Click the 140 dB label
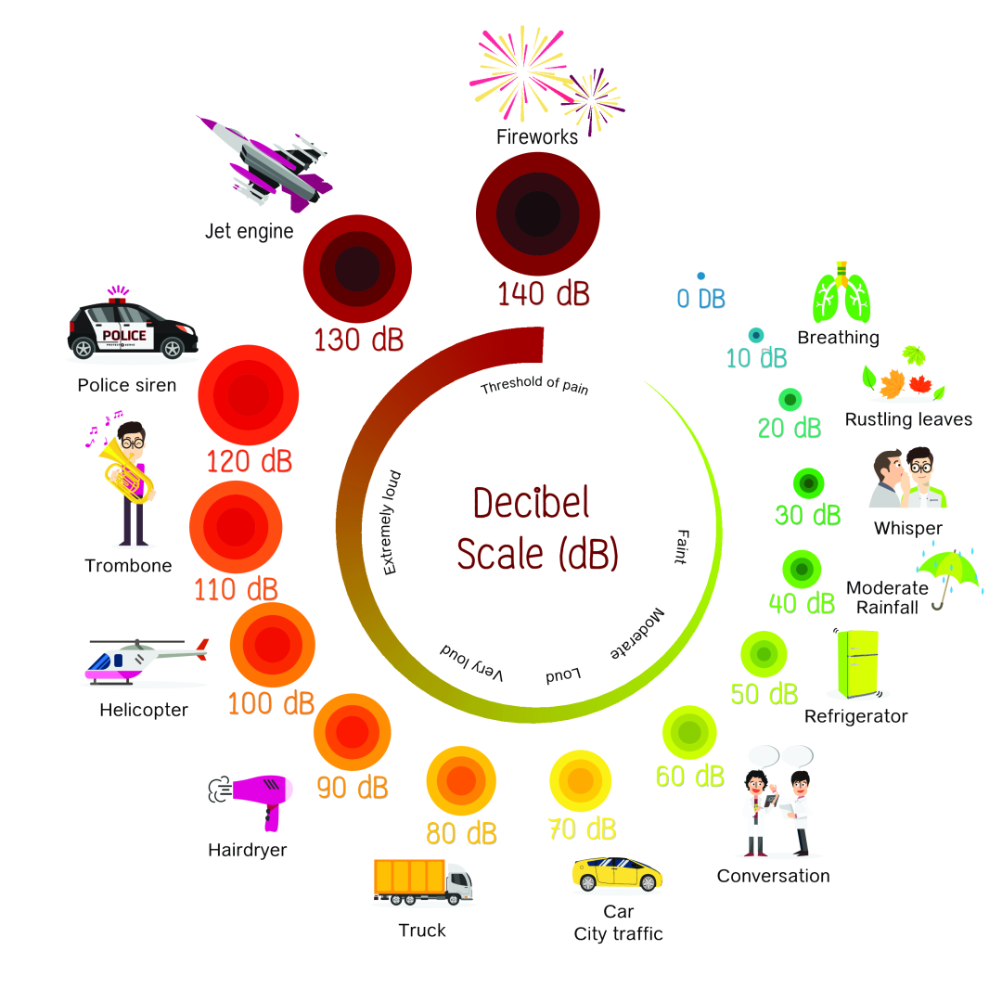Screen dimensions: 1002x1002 coord(543,294)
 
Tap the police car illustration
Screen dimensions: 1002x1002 coord(133,330)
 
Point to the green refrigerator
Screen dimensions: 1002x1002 coord(857,662)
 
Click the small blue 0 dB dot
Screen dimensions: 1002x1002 coord(700,276)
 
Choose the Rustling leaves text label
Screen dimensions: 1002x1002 coord(908,419)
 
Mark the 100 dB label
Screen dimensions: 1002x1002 coord(271,703)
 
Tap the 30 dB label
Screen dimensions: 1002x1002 coord(808,515)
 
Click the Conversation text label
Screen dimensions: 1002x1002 coord(773,876)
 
